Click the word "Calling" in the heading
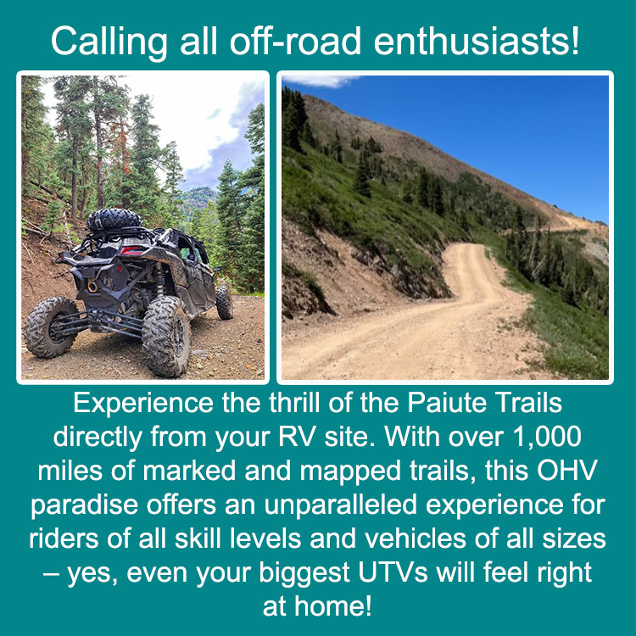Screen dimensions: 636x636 point(109,42)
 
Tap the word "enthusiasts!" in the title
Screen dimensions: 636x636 point(477,41)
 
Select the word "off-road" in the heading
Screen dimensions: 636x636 point(295,41)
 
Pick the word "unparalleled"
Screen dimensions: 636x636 point(341,505)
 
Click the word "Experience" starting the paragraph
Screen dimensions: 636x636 point(143,404)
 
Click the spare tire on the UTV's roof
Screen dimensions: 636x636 point(114,220)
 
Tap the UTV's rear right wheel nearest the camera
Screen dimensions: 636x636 point(166,336)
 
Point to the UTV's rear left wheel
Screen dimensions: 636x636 point(50,327)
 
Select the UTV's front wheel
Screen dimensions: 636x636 point(224,303)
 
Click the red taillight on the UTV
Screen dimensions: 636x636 point(131,251)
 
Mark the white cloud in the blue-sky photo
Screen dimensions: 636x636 point(321,81)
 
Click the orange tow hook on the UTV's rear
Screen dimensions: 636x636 point(93,285)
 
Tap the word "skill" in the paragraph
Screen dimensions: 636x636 point(198,538)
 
